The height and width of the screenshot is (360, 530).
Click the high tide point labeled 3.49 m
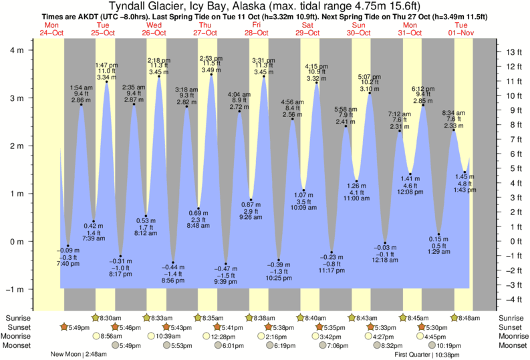(x=211, y=75)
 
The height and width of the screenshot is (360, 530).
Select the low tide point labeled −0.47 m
(x=226, y=264)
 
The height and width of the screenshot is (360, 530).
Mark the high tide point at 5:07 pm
(x=369, y=94)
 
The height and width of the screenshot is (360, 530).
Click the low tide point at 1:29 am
(x=438, y=234)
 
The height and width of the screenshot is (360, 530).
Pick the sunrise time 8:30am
(x=109, y=318)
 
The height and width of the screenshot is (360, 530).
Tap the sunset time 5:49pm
(x=74, y=327)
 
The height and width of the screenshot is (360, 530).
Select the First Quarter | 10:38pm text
(x=430, y=355)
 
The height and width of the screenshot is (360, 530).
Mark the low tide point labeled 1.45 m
(x=465, y=172)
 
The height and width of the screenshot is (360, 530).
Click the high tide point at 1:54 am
(x=82, y=104)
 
